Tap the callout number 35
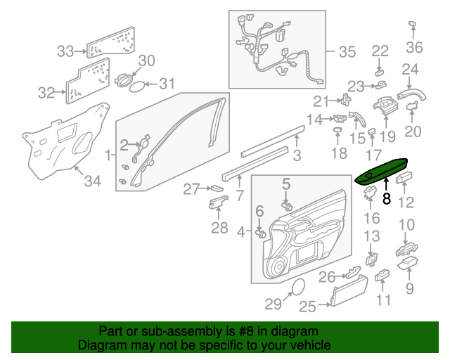pyautogui.click(x=347, y=51)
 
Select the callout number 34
pyautogui.click(x=91, y=182)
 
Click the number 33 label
pyautogui.click(x=65, y=51)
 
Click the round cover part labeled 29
pyautogui.click(x=297, y=287)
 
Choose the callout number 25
pyautogui.click(x=307, y=306)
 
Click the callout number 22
pyautogui.click(x=380, y=51)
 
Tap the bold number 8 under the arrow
pyautogui.click(x=385, y=199)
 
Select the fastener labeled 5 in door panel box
pyautogui.click(x=287, y=206)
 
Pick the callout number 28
pyautogui.click(x=219, y=228)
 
